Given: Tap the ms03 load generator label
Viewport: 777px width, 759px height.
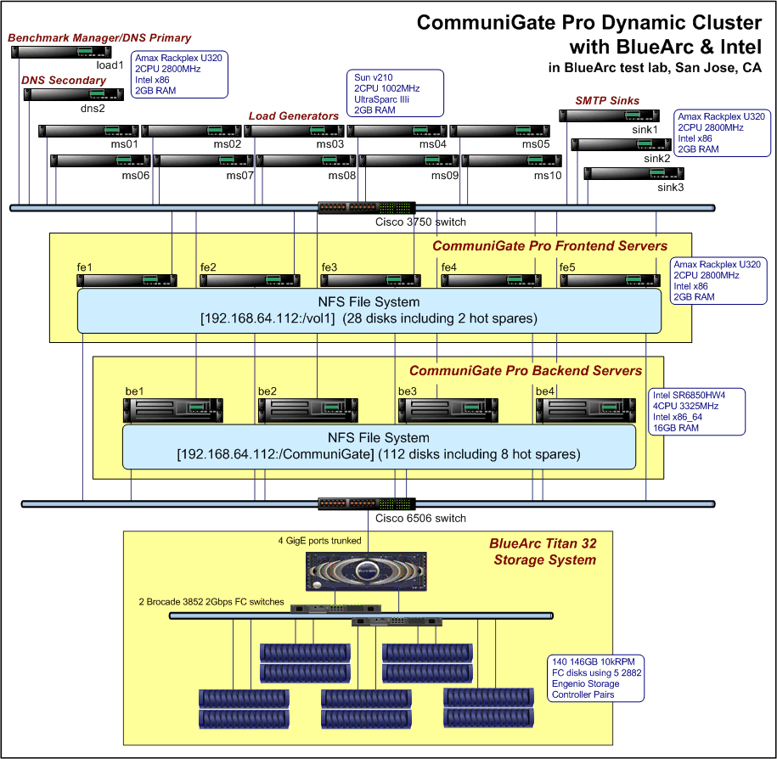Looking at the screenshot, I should pos(330,144).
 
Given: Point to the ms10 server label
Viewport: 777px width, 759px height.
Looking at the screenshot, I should pos(548,176).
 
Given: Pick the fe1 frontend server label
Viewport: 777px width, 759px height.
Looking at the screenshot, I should pos(84,267).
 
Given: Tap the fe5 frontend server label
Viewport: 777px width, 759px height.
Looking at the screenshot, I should pos(567,267).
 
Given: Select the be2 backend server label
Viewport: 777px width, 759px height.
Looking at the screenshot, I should pos(267,391).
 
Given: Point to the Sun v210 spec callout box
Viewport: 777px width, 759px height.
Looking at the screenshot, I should pos(387,93).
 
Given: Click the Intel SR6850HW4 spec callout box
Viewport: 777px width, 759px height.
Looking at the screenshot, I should pos(687,412).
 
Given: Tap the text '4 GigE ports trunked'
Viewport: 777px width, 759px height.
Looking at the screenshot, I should pos(319,541).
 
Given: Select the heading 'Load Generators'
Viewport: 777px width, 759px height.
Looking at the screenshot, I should pos(294,116).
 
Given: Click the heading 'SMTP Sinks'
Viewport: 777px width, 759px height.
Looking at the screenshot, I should pos(607,101).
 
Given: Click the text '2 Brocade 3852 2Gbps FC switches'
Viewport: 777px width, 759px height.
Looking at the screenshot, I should pos(211,602).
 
